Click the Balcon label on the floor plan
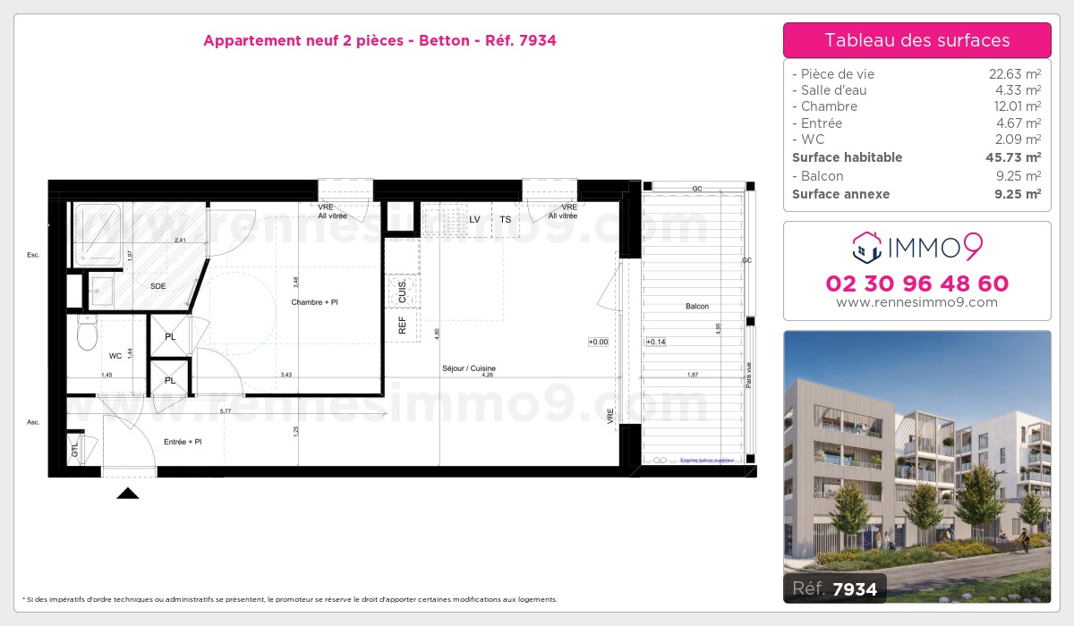696,307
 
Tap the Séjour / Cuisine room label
468,368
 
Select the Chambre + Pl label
314,302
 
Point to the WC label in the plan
115,356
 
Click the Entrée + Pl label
183,442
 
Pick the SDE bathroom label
158,286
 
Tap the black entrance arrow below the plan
128,493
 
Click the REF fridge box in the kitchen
402,326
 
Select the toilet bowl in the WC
87,334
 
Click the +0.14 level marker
656,342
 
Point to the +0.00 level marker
598,342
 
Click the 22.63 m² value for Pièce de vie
1014,74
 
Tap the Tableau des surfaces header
916,40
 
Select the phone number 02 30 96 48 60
916,283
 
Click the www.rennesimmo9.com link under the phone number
916,302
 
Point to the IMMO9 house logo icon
867,248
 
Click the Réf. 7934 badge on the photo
835,588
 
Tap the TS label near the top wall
506,219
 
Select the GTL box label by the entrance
75,448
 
